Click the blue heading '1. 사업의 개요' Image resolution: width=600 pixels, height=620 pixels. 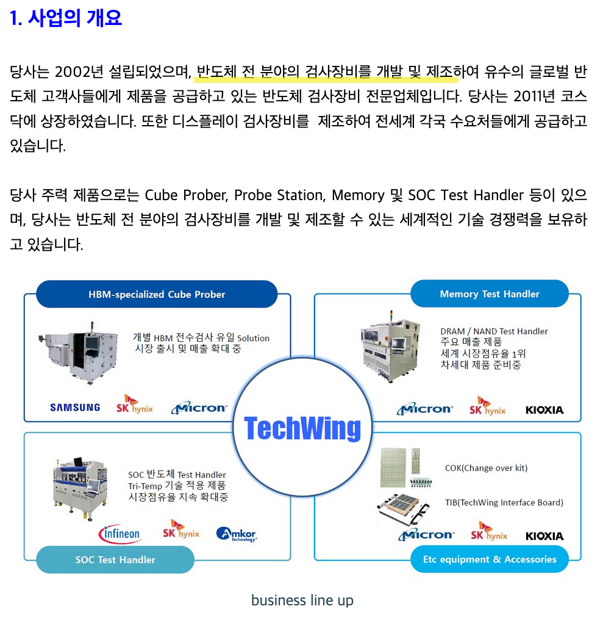66,18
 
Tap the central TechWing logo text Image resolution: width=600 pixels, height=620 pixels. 302,428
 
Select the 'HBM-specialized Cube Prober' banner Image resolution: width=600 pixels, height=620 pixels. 157,294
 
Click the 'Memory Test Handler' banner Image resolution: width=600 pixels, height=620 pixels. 490,294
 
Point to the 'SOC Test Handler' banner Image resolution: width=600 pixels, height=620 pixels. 115,560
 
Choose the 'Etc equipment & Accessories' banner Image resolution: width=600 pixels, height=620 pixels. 490,559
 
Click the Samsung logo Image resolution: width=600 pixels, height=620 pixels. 75,408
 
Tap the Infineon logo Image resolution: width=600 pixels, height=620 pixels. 120,534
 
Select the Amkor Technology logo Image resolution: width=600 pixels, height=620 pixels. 237,535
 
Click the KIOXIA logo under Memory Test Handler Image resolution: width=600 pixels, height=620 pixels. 545,410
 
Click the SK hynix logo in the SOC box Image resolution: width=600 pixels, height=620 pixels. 181,530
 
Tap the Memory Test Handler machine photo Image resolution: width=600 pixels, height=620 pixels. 390,347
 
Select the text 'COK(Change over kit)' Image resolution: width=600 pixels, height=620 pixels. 486,468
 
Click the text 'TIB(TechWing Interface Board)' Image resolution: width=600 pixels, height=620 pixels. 504,503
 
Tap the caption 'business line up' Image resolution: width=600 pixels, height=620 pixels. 302,600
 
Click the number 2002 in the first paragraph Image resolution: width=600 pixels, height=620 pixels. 73,72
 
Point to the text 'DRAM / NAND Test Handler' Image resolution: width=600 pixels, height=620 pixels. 494,331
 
